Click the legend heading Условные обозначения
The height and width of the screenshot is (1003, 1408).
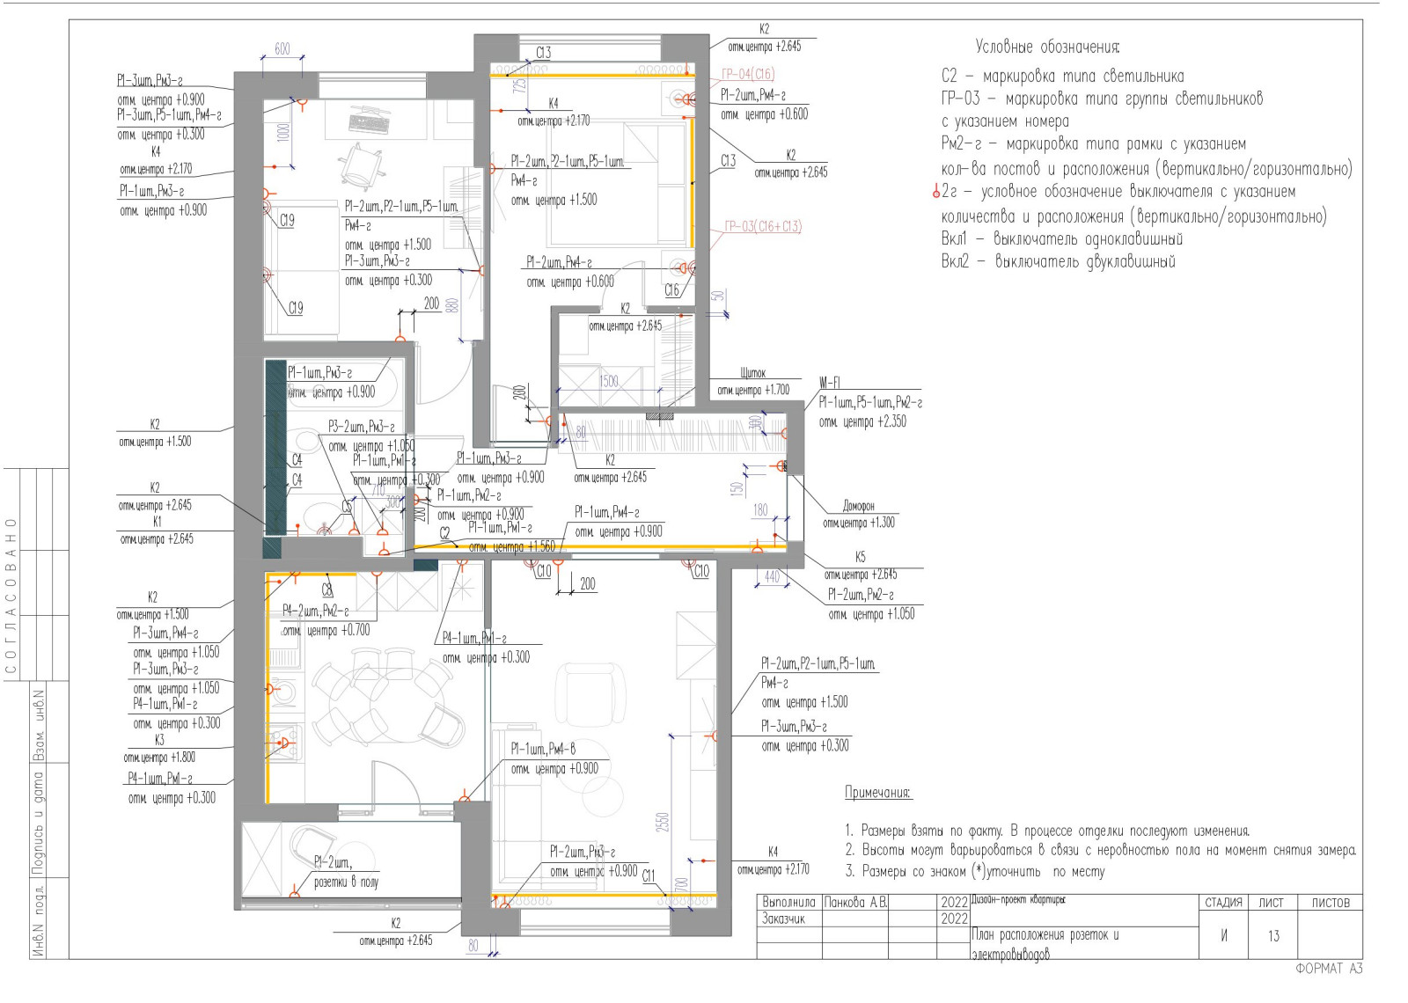1046,47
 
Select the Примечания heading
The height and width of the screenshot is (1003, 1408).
877,792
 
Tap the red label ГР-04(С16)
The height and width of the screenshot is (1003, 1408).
748,74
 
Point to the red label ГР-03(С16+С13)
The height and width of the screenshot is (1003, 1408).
762,226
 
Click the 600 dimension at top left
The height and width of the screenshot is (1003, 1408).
282,49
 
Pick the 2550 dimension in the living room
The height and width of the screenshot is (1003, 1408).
662,822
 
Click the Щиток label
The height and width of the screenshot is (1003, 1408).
752,373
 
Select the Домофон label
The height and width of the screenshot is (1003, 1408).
858,506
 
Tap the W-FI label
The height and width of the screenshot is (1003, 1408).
829,383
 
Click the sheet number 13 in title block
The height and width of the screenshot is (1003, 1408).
1273,935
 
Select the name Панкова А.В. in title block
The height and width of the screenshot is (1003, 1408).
855,903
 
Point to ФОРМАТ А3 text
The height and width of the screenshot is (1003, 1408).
1329,969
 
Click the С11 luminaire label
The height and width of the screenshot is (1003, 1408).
649,875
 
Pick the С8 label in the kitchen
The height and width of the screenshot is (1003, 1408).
326,590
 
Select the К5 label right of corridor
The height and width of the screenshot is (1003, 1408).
860,557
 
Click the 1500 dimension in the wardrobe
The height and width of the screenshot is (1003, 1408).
609,381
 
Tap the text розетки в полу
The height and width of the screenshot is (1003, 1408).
346,882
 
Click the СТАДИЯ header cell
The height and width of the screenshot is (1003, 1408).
1223,903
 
